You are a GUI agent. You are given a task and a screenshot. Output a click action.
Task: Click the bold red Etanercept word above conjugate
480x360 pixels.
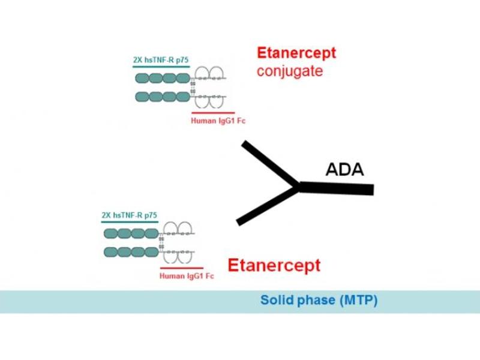[x=296, y=53]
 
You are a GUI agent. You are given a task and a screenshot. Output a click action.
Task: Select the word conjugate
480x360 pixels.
[x=290, y=71]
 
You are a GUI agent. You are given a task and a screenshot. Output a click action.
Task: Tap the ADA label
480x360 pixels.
[x=344, y=170]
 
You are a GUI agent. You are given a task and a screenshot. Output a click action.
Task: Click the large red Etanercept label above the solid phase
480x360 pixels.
[x=274, y=265]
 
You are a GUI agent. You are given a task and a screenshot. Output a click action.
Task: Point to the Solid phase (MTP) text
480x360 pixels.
[x=319, y=301]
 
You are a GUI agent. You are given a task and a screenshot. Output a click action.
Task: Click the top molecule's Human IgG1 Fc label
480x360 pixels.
[x=218, y=121]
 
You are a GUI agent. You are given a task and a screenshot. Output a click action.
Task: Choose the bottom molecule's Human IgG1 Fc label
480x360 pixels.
[x=187, y=276]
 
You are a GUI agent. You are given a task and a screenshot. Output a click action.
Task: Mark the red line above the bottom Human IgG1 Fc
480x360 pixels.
[x=182, y=268]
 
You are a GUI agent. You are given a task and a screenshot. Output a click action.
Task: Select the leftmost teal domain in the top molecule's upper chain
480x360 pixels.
[x=142, y=78]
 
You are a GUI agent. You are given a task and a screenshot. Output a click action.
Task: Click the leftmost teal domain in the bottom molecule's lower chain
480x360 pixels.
[x=111, y=251]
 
